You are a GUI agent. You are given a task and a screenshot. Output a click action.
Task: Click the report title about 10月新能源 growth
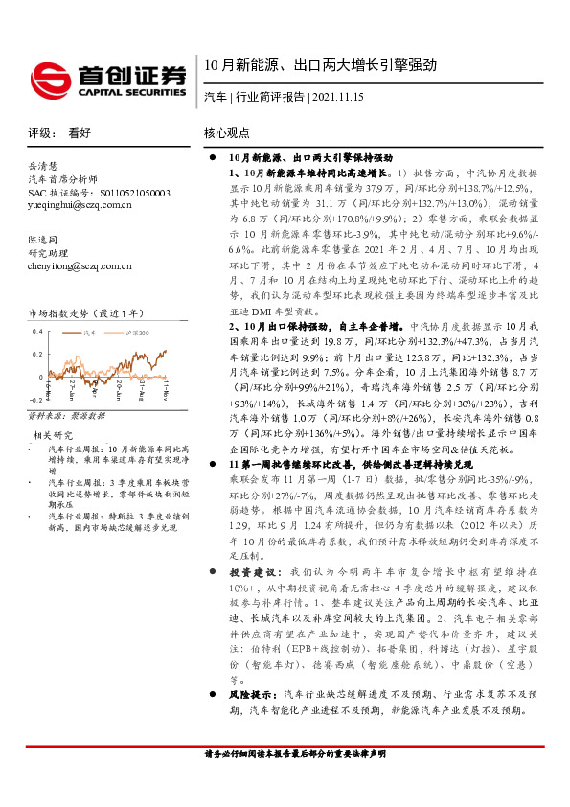[320, 66]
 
